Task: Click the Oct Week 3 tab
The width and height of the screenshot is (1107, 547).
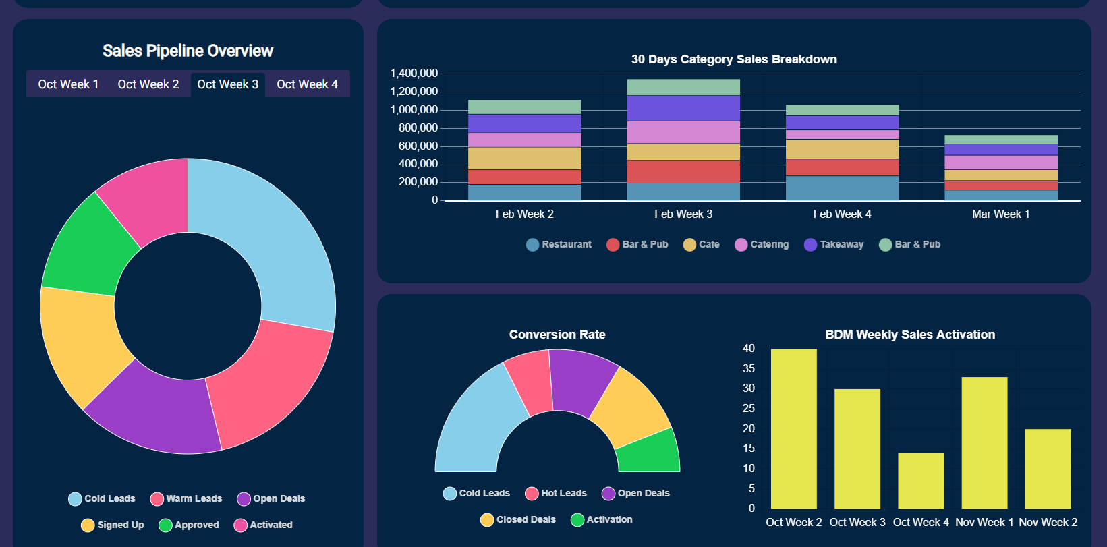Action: (227, 84)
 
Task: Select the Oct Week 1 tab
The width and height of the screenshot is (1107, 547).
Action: (68, 84)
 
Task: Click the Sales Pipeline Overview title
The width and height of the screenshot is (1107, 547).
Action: (188, 51)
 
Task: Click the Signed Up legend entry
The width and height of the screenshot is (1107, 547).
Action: (113, 525)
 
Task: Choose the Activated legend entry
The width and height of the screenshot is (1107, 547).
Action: (263, 525)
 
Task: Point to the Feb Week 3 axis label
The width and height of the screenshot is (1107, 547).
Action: (683, 214)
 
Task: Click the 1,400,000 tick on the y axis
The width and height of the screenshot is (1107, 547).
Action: (414, 74)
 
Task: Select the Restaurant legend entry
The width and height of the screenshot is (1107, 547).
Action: (559, 244)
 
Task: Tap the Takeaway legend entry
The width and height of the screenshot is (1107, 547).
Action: (834, 244)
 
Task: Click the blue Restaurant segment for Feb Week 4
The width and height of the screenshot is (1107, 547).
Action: (842, 188)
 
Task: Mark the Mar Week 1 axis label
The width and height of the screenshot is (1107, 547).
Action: (1000, 214)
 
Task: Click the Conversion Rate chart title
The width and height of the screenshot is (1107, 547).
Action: (557, 335)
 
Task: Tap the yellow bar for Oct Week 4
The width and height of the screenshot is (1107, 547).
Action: (921, 480)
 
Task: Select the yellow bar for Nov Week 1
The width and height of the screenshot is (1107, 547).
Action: (984, 442)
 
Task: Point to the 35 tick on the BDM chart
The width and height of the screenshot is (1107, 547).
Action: (749, 368)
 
